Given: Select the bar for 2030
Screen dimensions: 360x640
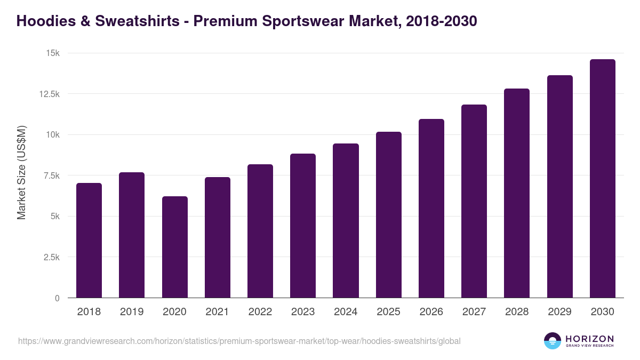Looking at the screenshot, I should coord(602,179).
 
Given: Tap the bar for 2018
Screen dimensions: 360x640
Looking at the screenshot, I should coord(89,241).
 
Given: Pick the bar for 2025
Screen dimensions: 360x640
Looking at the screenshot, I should coord(388,215).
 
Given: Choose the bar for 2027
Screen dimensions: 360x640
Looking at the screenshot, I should coord(474,201).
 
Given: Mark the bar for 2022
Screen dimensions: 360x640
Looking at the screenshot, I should coord(260,231).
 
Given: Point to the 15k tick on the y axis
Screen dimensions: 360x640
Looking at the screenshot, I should coord(52,53).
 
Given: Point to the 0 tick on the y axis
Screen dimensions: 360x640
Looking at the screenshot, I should coord(57,298).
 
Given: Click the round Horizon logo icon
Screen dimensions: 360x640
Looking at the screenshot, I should coord(552,341).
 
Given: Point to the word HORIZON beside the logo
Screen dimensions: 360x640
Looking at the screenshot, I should coord(589,338).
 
